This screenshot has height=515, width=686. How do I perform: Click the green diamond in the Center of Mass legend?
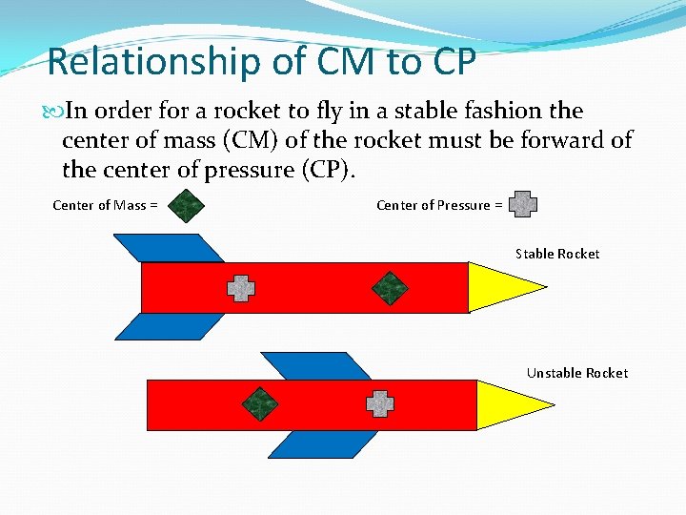point(187,205)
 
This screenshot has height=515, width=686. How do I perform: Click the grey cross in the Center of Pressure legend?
point(523,204)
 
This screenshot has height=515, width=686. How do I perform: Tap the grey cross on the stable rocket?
point(241,288)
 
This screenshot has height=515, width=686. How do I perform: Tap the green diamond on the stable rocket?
point(389,288)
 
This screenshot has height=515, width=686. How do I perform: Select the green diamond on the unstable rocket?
point(259,404)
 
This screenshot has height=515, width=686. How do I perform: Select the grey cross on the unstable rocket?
point(380,404)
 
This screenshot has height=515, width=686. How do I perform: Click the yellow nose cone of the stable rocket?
point(500,286)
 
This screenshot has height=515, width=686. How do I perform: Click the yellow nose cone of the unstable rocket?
point(506,404)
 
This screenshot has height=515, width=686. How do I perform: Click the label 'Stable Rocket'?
point(557,254)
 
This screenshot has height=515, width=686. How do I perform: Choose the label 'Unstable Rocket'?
point(577,373)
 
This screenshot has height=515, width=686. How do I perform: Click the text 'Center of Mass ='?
point(105,205)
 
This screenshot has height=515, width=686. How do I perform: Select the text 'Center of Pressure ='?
point(439,205)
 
